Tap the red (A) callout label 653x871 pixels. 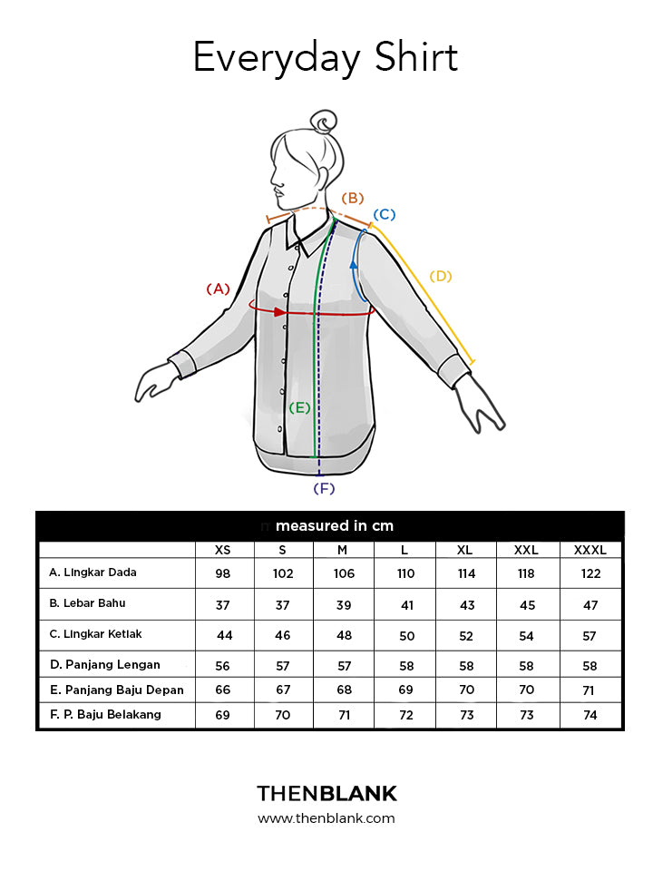(218, 289)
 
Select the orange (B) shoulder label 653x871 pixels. (352, 198)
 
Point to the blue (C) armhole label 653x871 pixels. (385, 214)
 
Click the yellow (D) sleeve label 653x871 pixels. (440, 276)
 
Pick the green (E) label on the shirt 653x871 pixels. (300, 407)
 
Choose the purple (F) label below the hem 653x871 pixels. (324, 488)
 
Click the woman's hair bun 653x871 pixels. (323, 122)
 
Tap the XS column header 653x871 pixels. (222, 550)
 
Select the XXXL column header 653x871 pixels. (590, 550)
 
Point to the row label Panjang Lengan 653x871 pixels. (104, 665)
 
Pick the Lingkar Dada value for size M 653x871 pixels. (344, 574)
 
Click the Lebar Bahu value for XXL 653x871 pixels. (526, 604)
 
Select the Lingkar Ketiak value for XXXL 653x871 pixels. (590, 635)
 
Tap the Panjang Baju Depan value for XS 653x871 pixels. (222, 690)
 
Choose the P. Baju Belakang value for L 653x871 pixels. (405, 716)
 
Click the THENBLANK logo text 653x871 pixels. (326, 794)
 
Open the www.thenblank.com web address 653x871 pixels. (326, 818)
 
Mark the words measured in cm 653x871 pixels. (335, 526)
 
